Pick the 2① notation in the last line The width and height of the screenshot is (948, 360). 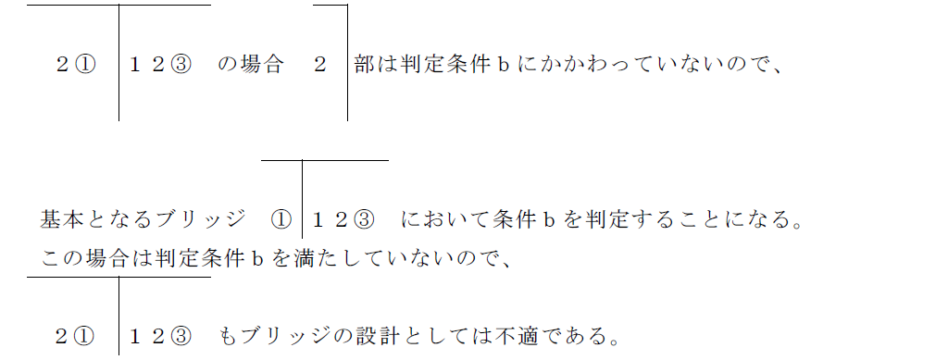76,335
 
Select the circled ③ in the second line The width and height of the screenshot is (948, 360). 365,220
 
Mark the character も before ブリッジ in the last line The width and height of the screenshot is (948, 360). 228,335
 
